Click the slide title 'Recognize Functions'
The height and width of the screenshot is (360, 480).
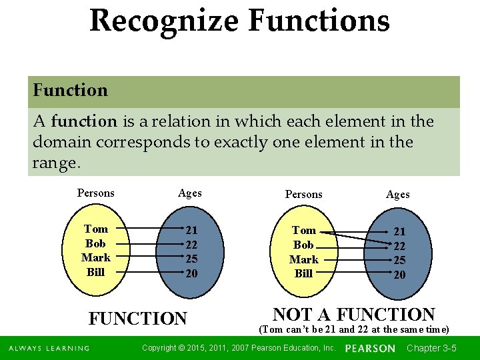pyautogui.click(x=239, y=20)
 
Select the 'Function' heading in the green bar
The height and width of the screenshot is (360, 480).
pyautogui.click(x=70, y=90)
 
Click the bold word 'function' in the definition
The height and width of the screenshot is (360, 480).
pyautogui.click(x=84, y=121)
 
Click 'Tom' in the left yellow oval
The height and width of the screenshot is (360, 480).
pyautogui.click(x=96, y=229)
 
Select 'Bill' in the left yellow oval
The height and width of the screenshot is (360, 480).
pyautogui.click(x=96, y=272)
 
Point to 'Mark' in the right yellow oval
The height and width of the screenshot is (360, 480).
pyautogui.click(x=303, y=259)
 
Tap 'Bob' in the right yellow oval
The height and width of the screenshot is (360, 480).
pyautogui.click(x=303, y=245)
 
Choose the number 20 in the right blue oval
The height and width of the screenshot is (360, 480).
pyautogui.click(x=399, y=275)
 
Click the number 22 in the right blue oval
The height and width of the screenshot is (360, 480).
pyautogui.click(x=399, y=246)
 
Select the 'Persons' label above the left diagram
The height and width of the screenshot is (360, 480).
pyautogui.click(x=96, y=193)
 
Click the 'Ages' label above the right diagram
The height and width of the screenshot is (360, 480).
pyautogui.click(x=398, y=195)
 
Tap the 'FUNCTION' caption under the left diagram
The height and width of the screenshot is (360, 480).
pyautogui.click(x=138, y=319)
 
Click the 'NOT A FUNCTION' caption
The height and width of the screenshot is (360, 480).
pyautogui.click(x=354, y=314)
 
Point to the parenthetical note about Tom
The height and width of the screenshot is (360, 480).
pyautogui.click(x=354, y=329)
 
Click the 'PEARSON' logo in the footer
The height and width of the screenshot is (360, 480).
pyautogui.click(x=370, y=349)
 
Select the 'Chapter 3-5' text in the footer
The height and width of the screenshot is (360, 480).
pyautogui.click(x=431, y=348)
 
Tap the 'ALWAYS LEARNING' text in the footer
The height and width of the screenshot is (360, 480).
pyautogui.click(x=49, y=349)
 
